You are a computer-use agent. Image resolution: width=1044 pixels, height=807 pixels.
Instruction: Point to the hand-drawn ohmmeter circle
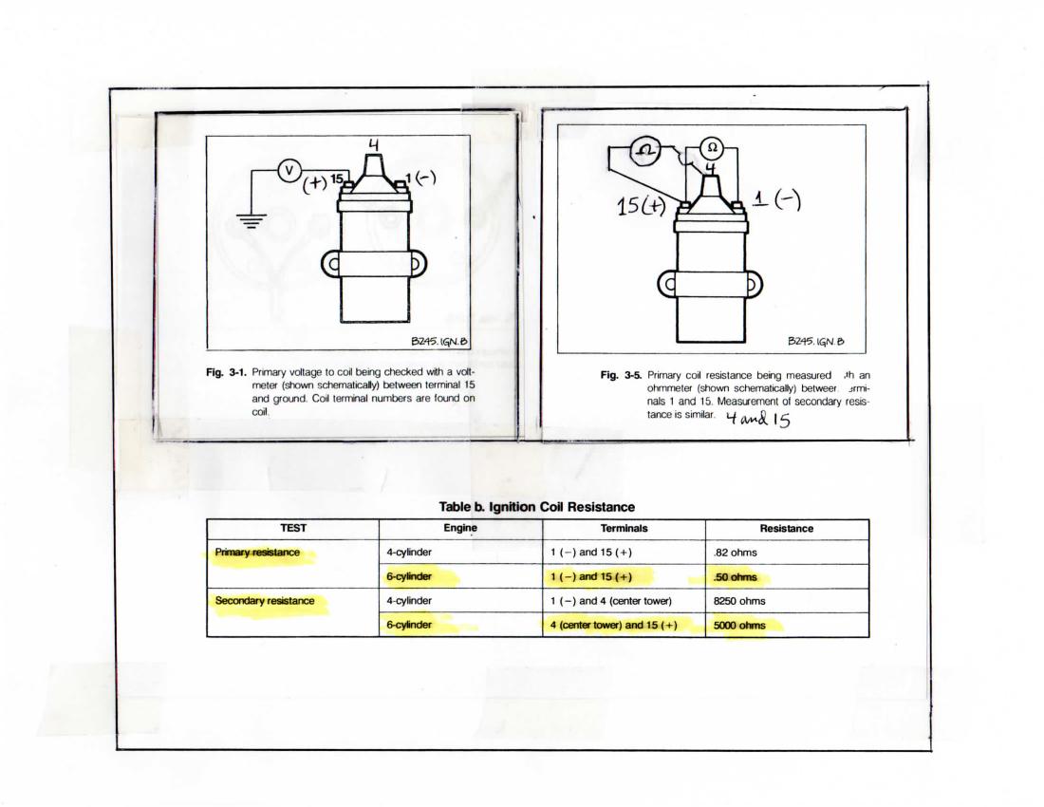tap(646, 150)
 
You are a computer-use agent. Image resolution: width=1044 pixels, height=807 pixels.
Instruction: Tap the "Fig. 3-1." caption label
tap(226, 372)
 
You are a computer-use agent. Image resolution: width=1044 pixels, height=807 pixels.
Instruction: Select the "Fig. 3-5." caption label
tap(622, 376)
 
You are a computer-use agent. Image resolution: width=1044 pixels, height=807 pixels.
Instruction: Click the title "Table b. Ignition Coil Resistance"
tap(537, 507)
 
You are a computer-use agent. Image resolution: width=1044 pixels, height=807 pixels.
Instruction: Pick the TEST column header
tap(293, 529)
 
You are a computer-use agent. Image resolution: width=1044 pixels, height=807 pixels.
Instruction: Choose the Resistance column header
tap(787, 529)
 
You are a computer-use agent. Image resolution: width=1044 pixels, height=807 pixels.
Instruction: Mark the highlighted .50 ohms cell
tap(735, 577)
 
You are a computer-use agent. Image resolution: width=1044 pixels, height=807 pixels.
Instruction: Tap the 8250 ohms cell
tap(739, 601)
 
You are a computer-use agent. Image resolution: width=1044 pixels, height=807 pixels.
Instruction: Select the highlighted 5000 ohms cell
tap(739, 626)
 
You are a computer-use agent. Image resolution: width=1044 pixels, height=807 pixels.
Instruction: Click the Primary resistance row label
tap(258, 553)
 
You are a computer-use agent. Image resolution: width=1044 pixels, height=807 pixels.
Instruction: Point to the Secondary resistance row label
tap(264, 601)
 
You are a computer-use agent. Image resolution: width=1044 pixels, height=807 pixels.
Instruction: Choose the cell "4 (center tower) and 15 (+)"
tap(613, 626)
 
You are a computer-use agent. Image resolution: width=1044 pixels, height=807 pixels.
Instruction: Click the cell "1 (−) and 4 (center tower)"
tap(611, 601)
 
